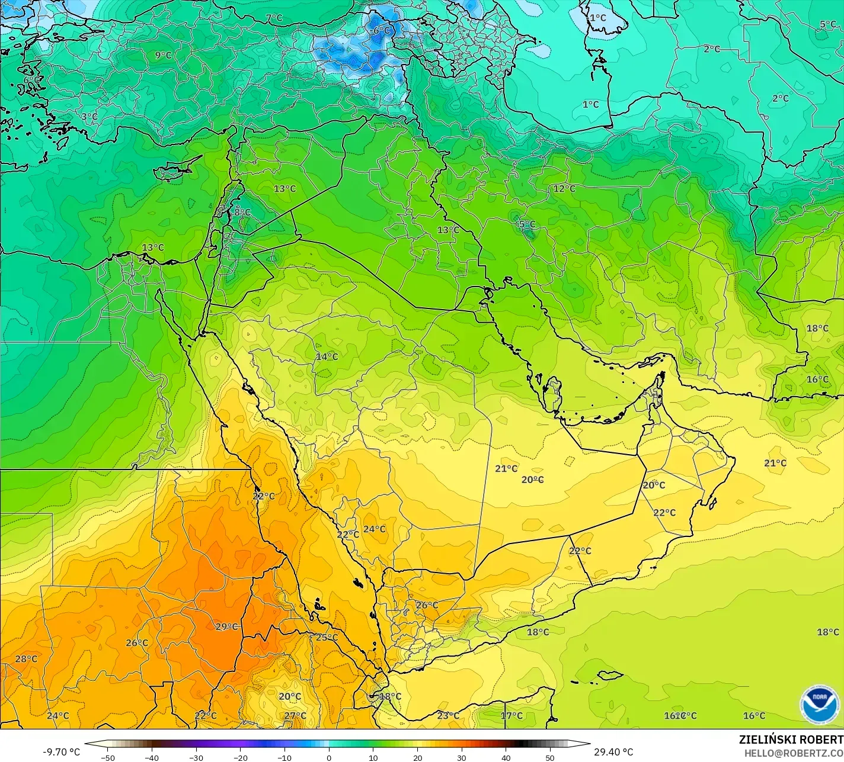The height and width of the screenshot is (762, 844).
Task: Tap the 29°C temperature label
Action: coord(226,627)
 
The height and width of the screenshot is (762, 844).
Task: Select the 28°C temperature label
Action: coord(26,659)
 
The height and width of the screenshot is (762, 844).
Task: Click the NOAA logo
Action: coord(819,704)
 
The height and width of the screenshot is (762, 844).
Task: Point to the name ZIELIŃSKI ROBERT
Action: coord(791,740)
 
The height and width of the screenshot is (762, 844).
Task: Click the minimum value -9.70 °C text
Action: coord(61,752)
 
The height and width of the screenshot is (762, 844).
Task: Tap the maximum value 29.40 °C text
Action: coord(613,752)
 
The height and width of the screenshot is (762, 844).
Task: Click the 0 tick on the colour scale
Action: coord(329,757)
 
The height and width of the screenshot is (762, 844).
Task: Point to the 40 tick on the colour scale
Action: coord(506,757)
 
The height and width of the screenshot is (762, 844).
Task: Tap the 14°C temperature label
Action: coord(327,356)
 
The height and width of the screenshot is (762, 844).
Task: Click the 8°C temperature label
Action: coord(242,212)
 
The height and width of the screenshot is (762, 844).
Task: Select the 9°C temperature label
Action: coord(163,56)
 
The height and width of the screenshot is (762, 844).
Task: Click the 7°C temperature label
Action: coord(274,18)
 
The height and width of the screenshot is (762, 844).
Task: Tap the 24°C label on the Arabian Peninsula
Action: coord(374,529)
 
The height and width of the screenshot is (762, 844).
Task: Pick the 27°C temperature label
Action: coord(295,716)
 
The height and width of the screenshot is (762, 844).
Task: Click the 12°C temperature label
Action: coord(564,188)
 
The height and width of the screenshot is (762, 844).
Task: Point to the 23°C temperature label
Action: coord(448,716)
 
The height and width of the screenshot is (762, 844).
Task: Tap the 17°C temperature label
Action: coord(511,716)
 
